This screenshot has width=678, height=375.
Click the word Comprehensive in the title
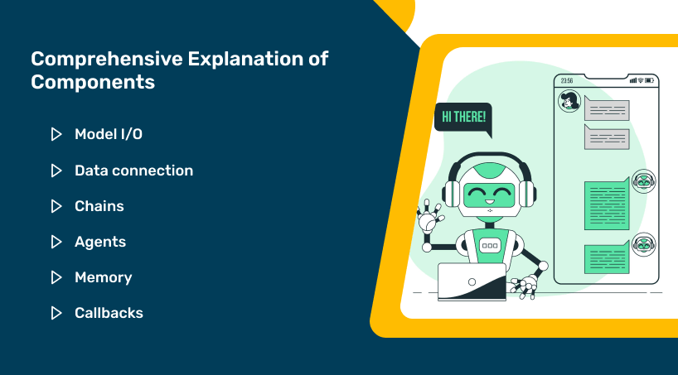tap(106, 59)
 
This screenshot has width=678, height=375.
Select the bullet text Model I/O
tap(109, 134)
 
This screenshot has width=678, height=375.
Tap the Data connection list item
tap(134, 171)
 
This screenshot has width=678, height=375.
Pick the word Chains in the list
tap(99, 206)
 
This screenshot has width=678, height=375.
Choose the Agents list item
tap(100, 242)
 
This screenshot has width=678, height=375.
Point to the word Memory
tap(104, 277)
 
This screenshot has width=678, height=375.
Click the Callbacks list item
tap(109, 313)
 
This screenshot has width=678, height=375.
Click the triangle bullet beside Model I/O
tap(56, 134)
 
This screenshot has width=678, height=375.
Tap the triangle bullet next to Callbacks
tap(56, 313)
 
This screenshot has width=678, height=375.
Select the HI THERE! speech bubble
tap(463, 118)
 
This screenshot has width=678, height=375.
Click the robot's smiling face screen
tap(489, 195)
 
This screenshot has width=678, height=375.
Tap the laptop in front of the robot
tap(472, 282)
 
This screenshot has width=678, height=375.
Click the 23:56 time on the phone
tap(567, 81)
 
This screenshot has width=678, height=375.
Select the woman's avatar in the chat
tap(569, 101)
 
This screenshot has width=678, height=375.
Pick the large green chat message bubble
tap(607, 204)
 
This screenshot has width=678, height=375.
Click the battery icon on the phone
tap(650, 80)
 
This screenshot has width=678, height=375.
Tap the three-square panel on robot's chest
tap(490, 245)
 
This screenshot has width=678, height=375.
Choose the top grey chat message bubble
tap(606, 108)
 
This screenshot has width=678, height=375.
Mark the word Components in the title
tap(93, 82)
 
